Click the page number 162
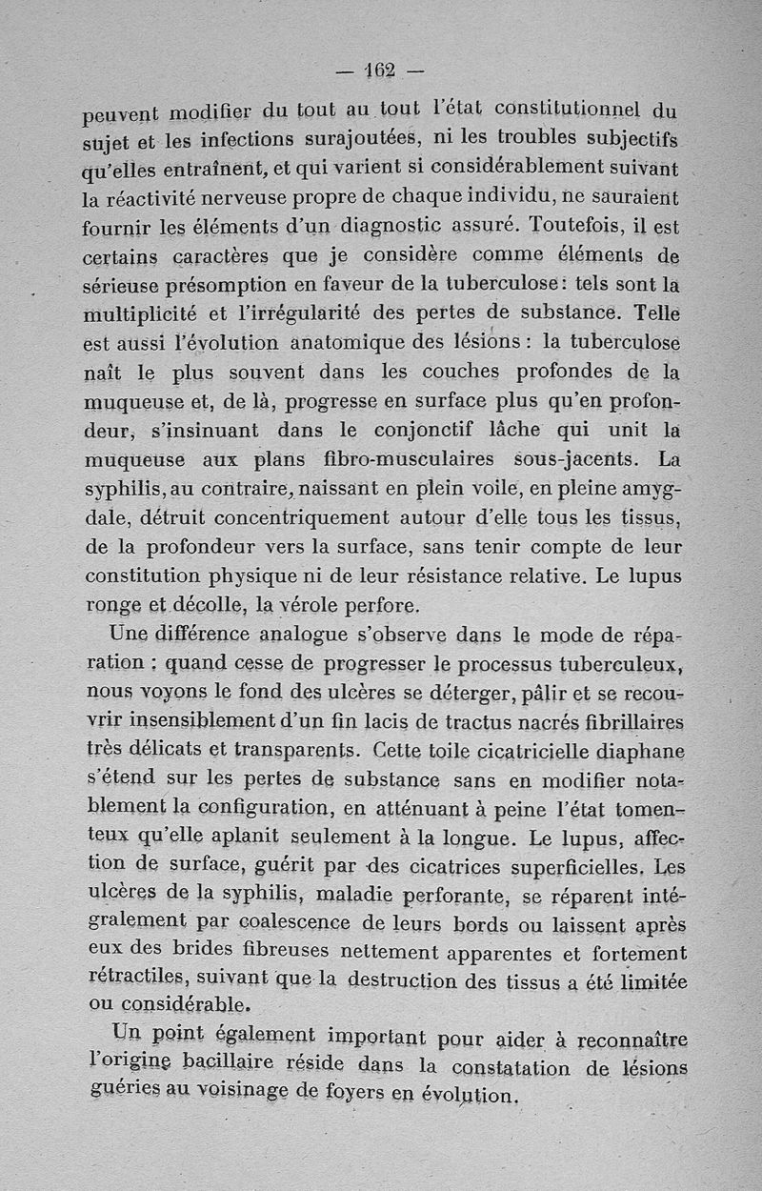pyautogui.click(x=382, y=71)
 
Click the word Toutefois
pyautogui.click(x=571, y=228)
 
